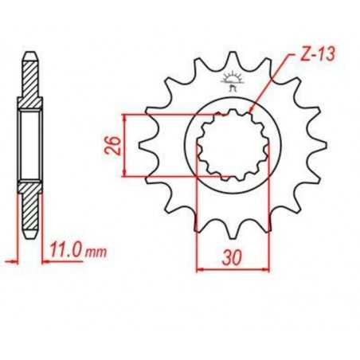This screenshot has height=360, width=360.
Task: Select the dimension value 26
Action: [114, 145]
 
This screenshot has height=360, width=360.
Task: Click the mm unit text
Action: [96, 252]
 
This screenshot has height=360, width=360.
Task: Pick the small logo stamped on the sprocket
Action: [234, 80]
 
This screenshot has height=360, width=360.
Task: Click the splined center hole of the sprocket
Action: [233, 146]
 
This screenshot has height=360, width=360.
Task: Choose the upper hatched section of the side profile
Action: [29, 84]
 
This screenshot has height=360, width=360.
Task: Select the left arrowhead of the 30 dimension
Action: [199, 268]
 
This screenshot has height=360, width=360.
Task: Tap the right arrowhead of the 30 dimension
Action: [266, 268]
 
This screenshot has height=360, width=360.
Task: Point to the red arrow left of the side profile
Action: [10, 260]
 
